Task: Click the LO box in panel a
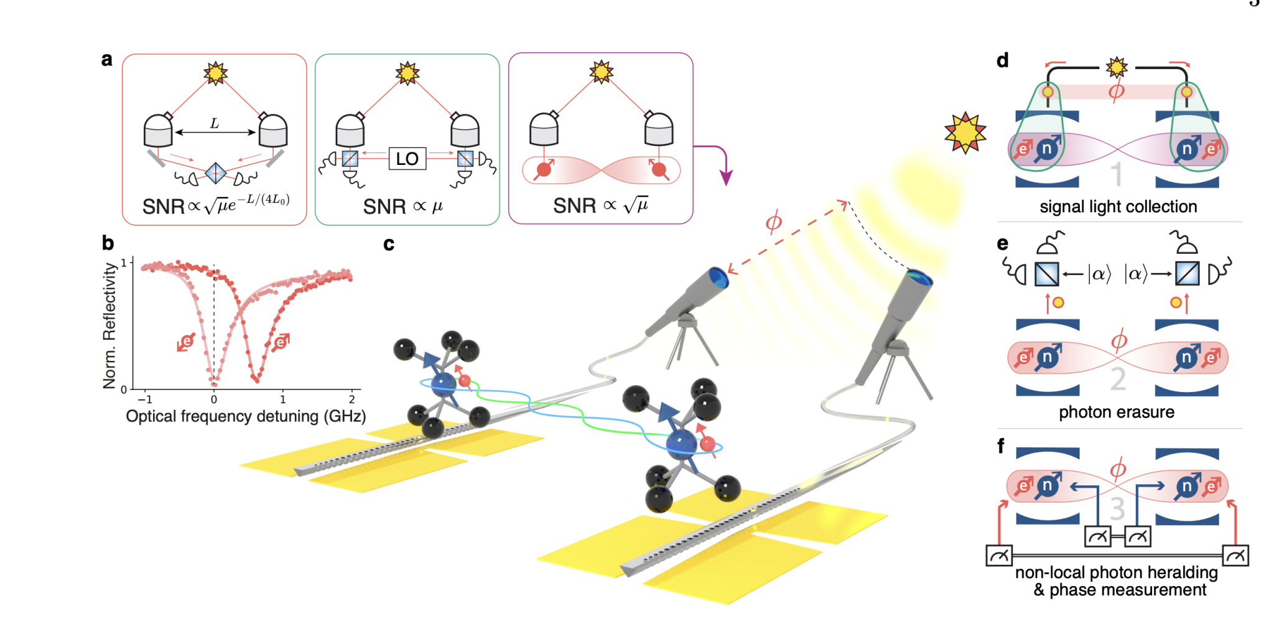pyautogui.click(x=407, y=159)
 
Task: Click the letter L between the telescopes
pyautogui.click(x=215, y=123)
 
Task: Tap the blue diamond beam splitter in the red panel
pyautogui.click(x=216, y=173)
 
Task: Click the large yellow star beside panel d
pyautogui.click(x=965, y=133)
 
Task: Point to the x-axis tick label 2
pyautogui.click(x=352, y=399)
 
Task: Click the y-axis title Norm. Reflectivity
pyautogui.click(x=109, y=325)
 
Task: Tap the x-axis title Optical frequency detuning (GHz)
pyautogui.click(x=246, y=416)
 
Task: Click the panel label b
pyautogui.click(x=108, y=243)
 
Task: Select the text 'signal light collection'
pyautogui.click(x=1118, y=207)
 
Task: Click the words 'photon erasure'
pyautogui.click(x=1117, y=412)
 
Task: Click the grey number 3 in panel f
pyautogui.click(x=1117, y=509)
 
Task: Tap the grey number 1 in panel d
pyautogui.click(x=1117, y=174)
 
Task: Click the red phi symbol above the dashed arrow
pyautogui.click(x=773, y=222)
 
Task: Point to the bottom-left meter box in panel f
pyautogui.click(x=999, y=556)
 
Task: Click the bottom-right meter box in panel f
pyautogui.click(x=1235, y=556)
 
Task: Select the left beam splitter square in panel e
pyautogui.click(x=1047, y=274)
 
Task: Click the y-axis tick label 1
pyautogui.click(x=124, y=263)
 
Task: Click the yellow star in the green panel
pyautogui.click(x=407, y=73)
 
